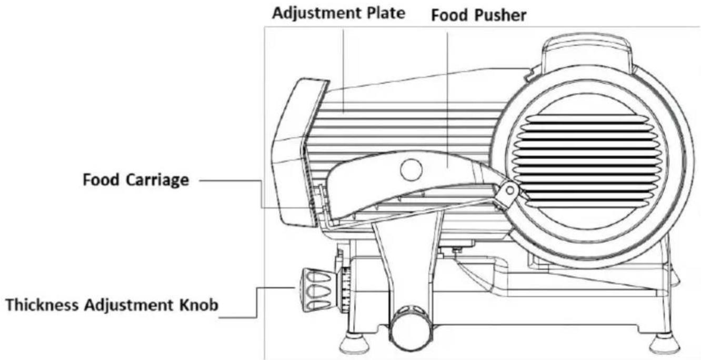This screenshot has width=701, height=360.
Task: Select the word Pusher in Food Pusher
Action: [500, 16]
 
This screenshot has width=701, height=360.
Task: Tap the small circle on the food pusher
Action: [410, 169]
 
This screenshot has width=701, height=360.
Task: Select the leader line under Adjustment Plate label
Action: [343, 68]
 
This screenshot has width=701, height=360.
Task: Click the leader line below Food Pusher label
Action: [447, 95]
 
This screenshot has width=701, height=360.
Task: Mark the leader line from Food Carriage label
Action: [232, 181]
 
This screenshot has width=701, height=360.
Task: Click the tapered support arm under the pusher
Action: [406, 258]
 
